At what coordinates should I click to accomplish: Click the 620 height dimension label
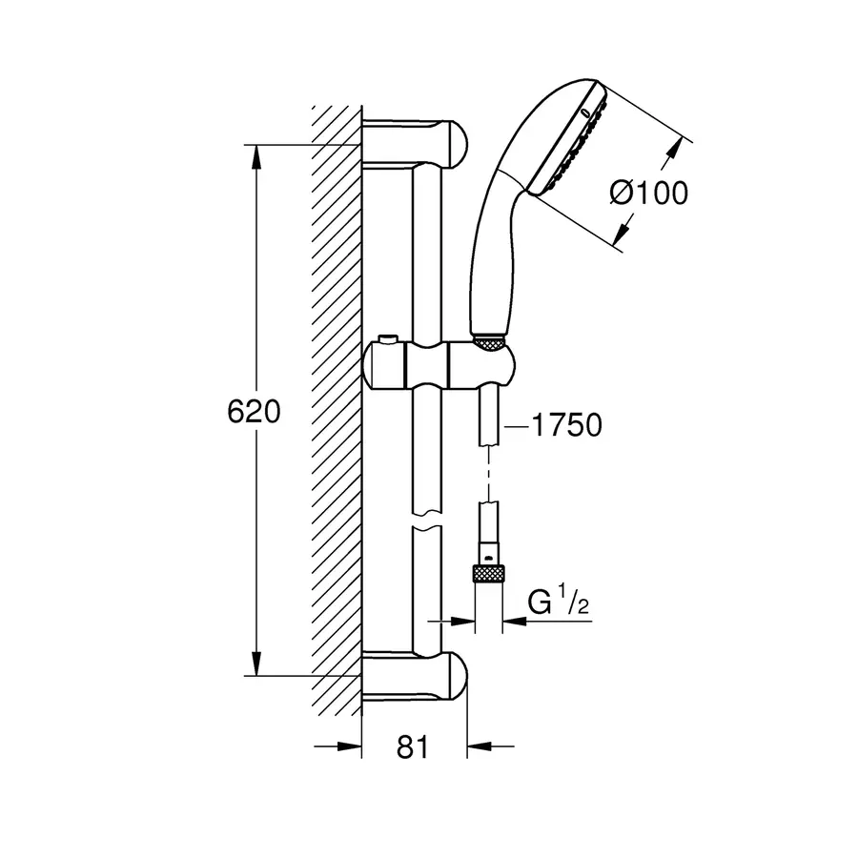tap(253, 411)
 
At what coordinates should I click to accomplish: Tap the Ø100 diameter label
tap(648, 194)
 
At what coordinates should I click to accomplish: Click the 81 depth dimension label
tap(411, 747)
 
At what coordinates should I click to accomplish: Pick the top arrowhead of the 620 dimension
tap(256, 156)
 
